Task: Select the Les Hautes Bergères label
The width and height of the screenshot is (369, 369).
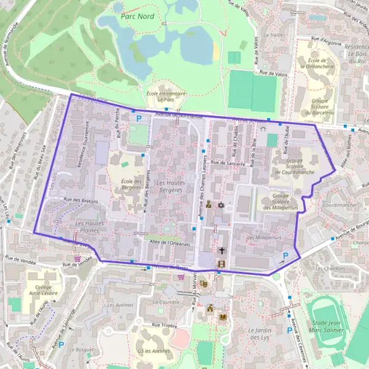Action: click(170, 186)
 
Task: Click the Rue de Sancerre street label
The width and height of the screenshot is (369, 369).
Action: click(228, 164)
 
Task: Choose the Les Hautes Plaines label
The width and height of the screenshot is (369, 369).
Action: click(87, 227)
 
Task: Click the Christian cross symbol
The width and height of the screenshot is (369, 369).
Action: click(222, 251)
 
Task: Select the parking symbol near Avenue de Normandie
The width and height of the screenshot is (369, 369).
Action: click(139, 117)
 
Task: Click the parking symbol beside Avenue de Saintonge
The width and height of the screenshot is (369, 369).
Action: click(61, 344)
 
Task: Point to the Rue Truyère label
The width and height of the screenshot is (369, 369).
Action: click(164, 324)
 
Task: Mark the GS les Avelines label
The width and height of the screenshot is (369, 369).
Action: click(153, 351)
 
